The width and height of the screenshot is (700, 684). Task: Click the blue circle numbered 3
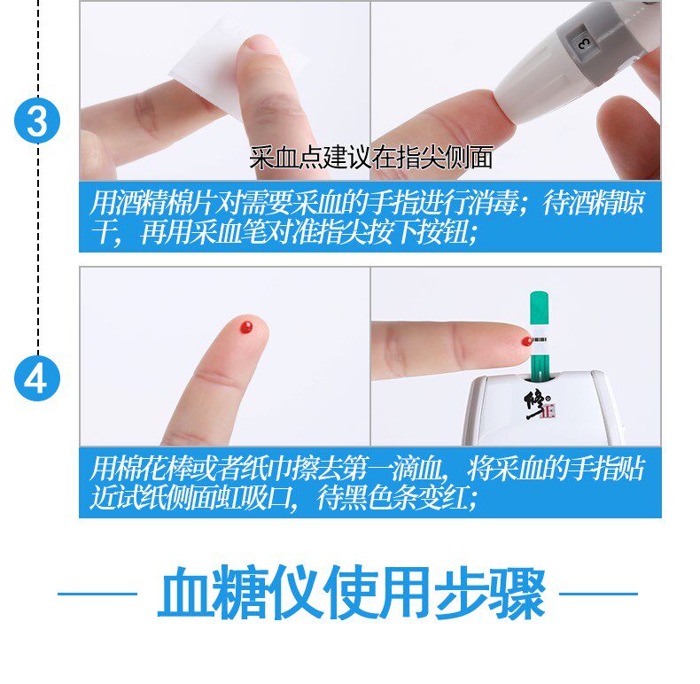[37, 120]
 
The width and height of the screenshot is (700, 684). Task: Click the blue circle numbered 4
[37, 378]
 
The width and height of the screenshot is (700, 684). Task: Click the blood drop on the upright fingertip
[246, 326]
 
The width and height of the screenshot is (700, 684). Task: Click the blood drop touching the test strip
[527, 341]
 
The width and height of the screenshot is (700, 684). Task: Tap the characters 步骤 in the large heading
[490, 593]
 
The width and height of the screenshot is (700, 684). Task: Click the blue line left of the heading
[97, 594]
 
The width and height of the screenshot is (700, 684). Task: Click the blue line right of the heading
[598, 594]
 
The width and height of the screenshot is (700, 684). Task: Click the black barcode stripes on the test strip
[539, 339]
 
